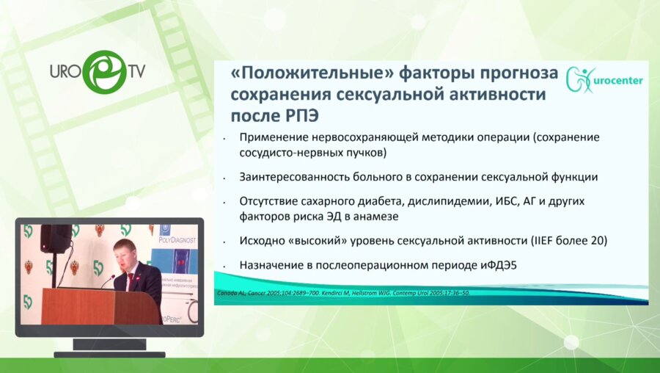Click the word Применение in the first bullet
[x=274, y=137]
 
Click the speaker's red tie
[x=131, y=280]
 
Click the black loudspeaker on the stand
[x=56, y=239]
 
